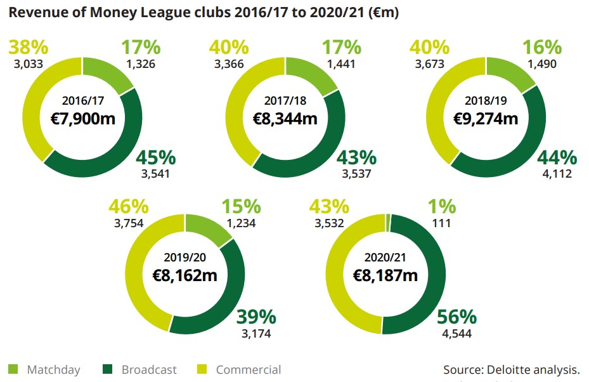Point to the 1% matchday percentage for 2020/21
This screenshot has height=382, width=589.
tap(441, 206)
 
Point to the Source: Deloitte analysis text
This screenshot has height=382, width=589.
tap(511, 370)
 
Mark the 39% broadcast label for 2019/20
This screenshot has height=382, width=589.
tap(256, 317)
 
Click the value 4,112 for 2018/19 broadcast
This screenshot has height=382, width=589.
tap(557, 173)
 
